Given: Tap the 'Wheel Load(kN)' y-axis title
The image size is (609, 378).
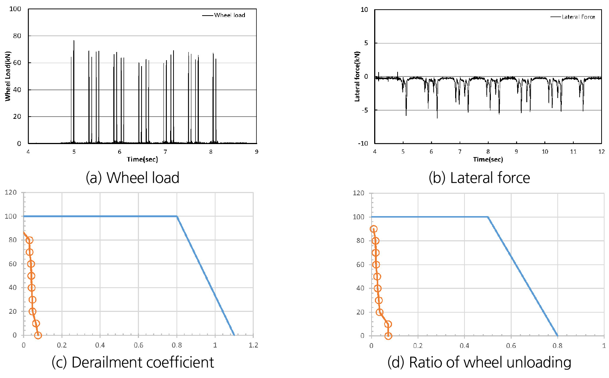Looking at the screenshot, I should pyautogui.click(x=8, y=76).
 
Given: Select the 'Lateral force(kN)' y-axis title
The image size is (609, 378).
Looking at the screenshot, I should pyautogui.click(x=357, y=76).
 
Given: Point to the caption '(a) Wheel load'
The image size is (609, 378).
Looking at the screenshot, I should pyautogui.click(x=132, y=178).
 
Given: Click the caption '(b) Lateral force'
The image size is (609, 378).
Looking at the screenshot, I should pyautogui.click(x=479, y=178).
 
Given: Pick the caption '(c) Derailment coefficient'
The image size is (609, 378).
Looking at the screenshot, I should pyautogui.click(x=133, y=362).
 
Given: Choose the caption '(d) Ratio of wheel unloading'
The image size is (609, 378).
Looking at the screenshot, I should pyautogui.click(x=479, y=362).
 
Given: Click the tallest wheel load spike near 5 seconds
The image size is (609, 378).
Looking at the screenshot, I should pyautogui.click(x=74, y=41).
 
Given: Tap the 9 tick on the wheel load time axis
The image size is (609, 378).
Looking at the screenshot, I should pyautogui.click(x=256, y=152).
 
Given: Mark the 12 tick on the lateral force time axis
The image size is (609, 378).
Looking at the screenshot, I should pyautogui.click(x=601, y=152).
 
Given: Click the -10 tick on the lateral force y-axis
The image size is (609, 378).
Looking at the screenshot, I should pyautogui.click(x=363, y=143).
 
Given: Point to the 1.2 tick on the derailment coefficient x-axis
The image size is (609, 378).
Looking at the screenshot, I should pyautogui.click(x=253, y=345).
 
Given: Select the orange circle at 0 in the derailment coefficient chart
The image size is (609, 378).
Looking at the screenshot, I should pyautogui.click(x=38, y=335).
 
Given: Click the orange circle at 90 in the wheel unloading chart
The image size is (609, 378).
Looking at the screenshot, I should pyautogui.click(x=373, y=229).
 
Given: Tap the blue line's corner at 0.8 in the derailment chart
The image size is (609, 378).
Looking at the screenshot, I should pyautogui.click(x=177, y=216).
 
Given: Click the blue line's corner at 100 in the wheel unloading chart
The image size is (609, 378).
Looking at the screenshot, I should pyautogui.click(x=487, y=217).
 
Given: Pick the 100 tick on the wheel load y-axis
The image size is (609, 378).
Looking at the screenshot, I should pyautogui.click(x=15, y=9).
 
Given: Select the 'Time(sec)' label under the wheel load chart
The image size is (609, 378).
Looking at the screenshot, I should pyautogui.click(x=142, y=159).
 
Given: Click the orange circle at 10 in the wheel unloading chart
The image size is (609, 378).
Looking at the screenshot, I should pyautogui.click(x=388, y=324).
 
